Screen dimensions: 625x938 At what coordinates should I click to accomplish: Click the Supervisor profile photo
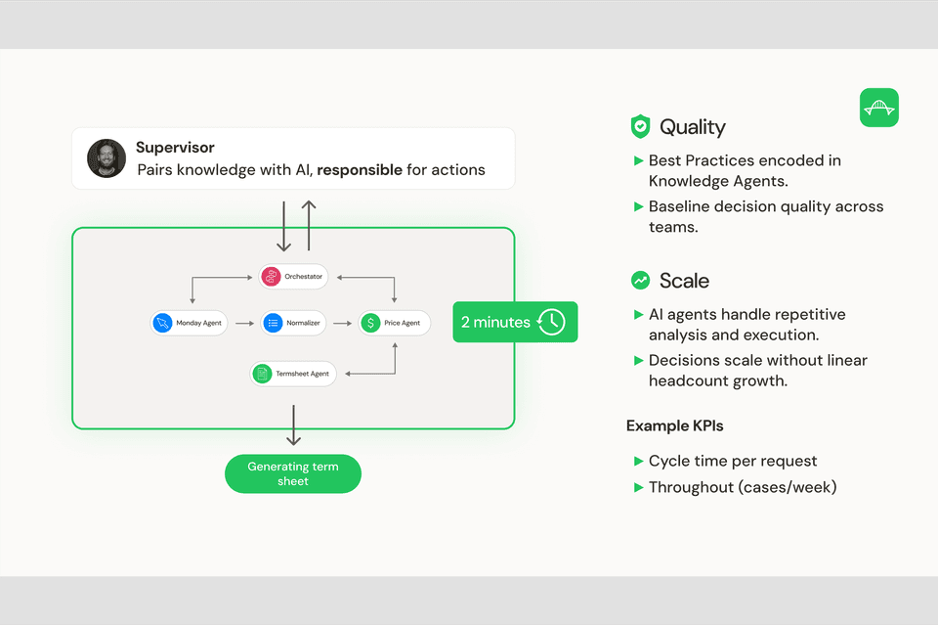coord(107,158)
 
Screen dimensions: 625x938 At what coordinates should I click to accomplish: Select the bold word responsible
coord(360,170)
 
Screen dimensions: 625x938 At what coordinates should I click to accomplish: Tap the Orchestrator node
coord(292,277)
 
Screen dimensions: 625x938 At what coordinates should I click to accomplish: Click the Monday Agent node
coord(189,323)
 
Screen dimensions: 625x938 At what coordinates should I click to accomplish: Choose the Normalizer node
coord(292,323)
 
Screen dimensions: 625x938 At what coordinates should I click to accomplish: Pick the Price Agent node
coord(394,323)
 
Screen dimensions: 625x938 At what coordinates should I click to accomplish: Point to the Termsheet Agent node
coord(293,374)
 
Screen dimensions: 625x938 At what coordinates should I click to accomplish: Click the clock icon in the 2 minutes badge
coord(551,322)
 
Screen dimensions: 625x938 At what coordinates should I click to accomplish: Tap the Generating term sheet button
coord(293,474)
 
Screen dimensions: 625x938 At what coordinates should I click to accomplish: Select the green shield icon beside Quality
coord(640,126)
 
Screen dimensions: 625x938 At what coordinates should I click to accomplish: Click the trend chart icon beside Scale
coord(640,281)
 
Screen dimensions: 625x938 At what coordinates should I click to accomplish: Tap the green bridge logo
coord(878,108)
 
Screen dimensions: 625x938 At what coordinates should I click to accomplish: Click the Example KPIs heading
coord(674,425)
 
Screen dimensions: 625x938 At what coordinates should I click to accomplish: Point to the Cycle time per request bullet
coord(732,461)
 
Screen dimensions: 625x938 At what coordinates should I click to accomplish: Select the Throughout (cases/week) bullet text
coord(742,487)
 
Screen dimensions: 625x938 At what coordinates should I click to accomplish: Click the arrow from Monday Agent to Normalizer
coord(243,323)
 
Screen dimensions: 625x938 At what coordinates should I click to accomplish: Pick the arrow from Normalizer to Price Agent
coord(342,323)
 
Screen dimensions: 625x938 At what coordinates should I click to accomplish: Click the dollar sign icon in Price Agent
coord(370,323)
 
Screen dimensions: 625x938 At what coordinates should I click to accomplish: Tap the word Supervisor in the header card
coord(175,148)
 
